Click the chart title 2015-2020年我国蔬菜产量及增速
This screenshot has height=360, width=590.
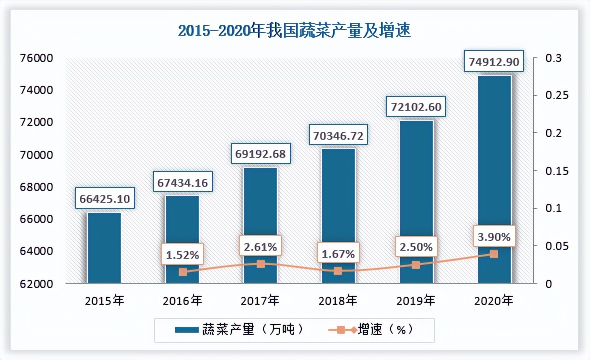[x=294, y=31]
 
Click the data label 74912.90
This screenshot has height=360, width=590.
[x=494, y=62]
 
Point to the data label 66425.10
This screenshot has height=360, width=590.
[x=104, y=199]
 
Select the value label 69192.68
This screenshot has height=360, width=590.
[x=260, y=154]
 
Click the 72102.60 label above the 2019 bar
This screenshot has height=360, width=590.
[x=416, y=107]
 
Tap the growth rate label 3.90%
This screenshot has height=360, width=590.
[x=494, y=237]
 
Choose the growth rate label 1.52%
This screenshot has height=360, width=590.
[x=182, y=255]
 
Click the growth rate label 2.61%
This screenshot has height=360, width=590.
[x=260, y=246]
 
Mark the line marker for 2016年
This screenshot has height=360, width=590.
[x=182, y=272]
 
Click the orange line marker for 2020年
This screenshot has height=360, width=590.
[x=494, y=254]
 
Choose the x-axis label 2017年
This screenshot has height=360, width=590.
[x=260, y=301]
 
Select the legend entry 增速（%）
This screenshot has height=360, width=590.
[x=370, y=330]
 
